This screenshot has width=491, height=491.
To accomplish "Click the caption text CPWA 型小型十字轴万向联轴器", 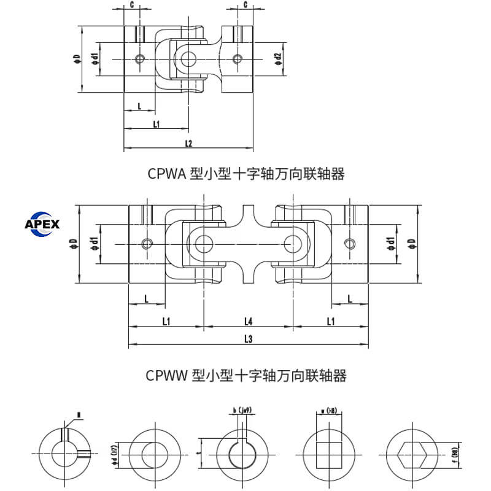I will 246,174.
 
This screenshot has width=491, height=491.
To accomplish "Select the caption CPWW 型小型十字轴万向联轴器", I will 246,374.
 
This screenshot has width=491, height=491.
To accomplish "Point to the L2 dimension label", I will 188,144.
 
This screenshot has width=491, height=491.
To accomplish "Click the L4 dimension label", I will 248,320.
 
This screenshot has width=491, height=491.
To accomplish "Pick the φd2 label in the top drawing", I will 278,59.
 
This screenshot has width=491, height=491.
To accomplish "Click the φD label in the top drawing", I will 75,59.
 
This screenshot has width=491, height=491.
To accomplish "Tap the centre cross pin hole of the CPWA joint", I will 188,59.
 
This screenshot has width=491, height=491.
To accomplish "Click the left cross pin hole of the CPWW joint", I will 203,244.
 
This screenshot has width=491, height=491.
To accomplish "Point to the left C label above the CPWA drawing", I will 132,5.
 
